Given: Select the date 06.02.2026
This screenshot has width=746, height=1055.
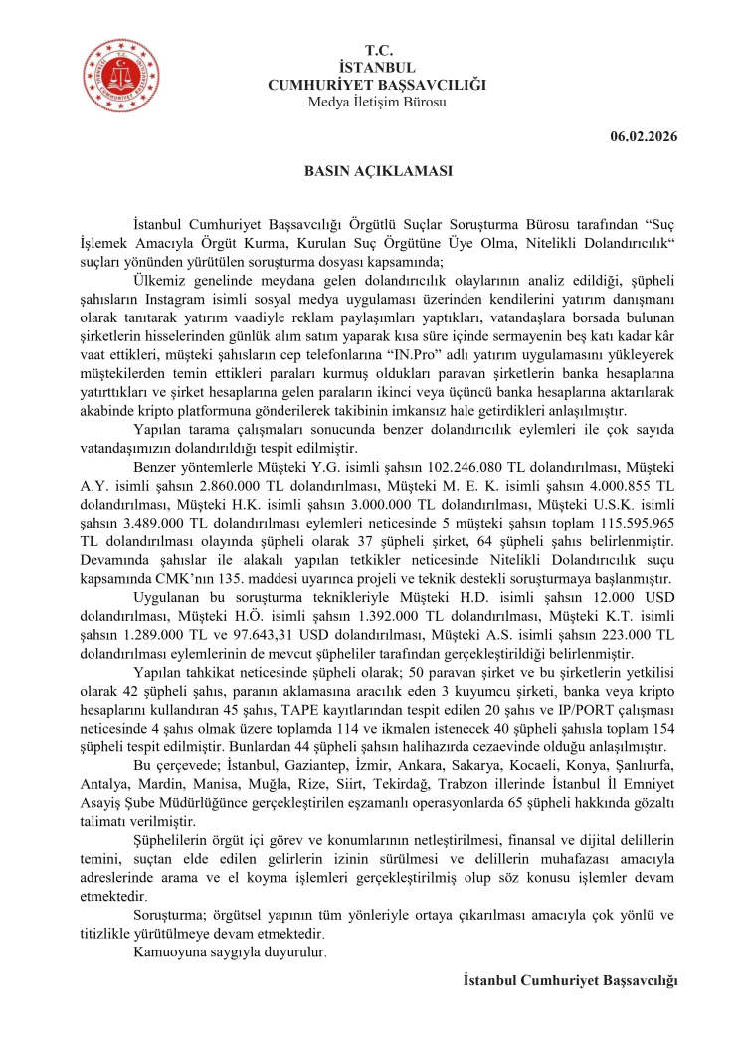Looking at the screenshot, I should (x=644, y=136).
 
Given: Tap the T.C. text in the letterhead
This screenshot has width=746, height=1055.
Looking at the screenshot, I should (x=377, y=49).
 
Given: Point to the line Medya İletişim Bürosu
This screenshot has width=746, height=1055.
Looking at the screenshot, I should (x=377, y=102).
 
